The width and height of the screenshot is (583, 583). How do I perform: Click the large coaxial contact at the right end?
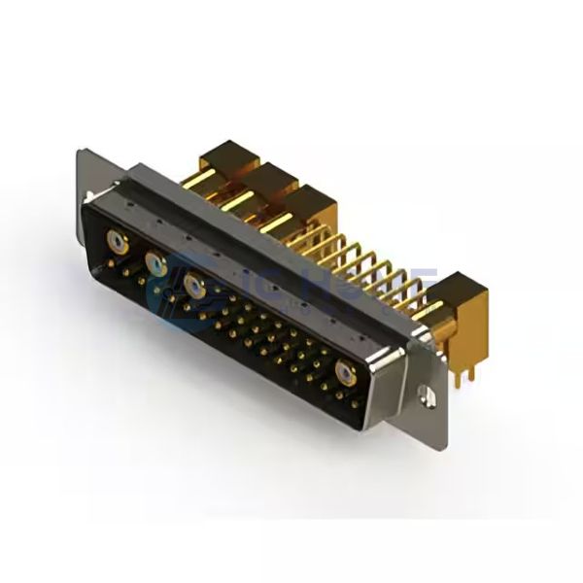pyautogui.click(x=343, y=373)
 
